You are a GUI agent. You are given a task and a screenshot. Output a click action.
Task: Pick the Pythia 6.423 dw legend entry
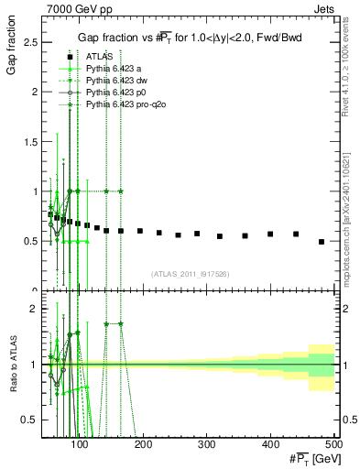pyautogui.click(x=117, y=81)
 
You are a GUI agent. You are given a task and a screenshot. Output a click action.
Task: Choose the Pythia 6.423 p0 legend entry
pyautogui.click(x=116, y=93)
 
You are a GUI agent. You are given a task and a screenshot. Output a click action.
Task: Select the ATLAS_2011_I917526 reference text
pyautogui.click(x=190, y=274)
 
